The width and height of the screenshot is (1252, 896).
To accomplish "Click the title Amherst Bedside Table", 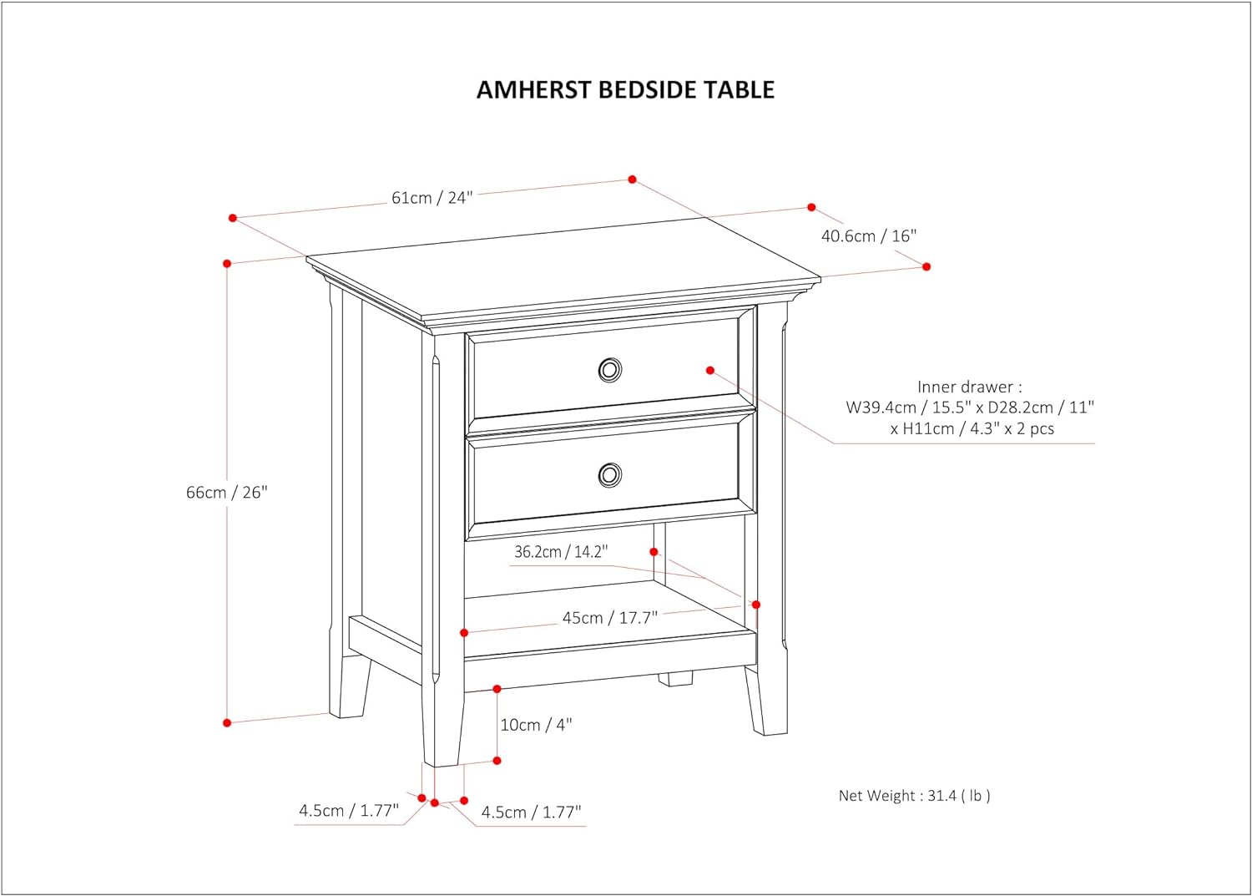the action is tap(625, 89).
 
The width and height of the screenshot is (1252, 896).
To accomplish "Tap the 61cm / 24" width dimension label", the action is tap(432, 198).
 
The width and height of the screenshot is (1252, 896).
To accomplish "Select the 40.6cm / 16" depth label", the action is tap(869, 236).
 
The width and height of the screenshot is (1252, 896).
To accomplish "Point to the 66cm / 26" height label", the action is tap(227, 492).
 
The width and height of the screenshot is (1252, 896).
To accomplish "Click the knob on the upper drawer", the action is tap(610, 370).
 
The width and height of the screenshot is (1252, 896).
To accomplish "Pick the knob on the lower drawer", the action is tap(610, 475).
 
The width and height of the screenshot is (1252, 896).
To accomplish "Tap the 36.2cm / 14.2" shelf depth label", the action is tap(561, 552).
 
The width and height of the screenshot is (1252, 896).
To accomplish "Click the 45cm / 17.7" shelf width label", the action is tap(610, 618).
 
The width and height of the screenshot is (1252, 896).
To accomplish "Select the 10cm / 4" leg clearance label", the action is tap(536, 725).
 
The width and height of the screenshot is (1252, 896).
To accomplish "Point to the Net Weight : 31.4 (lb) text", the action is tap(915, 795).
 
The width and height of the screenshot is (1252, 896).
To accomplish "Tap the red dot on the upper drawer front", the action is tap(709, 370).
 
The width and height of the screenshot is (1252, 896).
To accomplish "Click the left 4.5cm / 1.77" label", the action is tap(349, 811).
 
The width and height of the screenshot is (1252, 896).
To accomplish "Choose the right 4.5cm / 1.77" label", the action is tap(532, 812).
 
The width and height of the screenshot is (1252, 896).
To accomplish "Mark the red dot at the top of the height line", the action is tap(227, 263).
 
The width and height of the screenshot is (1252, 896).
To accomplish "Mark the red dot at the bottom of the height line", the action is tap(227, 723).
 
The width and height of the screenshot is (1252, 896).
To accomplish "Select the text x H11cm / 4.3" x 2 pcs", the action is tap(972, 428).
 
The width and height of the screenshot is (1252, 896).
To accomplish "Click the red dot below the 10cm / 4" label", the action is tap(497, 761).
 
